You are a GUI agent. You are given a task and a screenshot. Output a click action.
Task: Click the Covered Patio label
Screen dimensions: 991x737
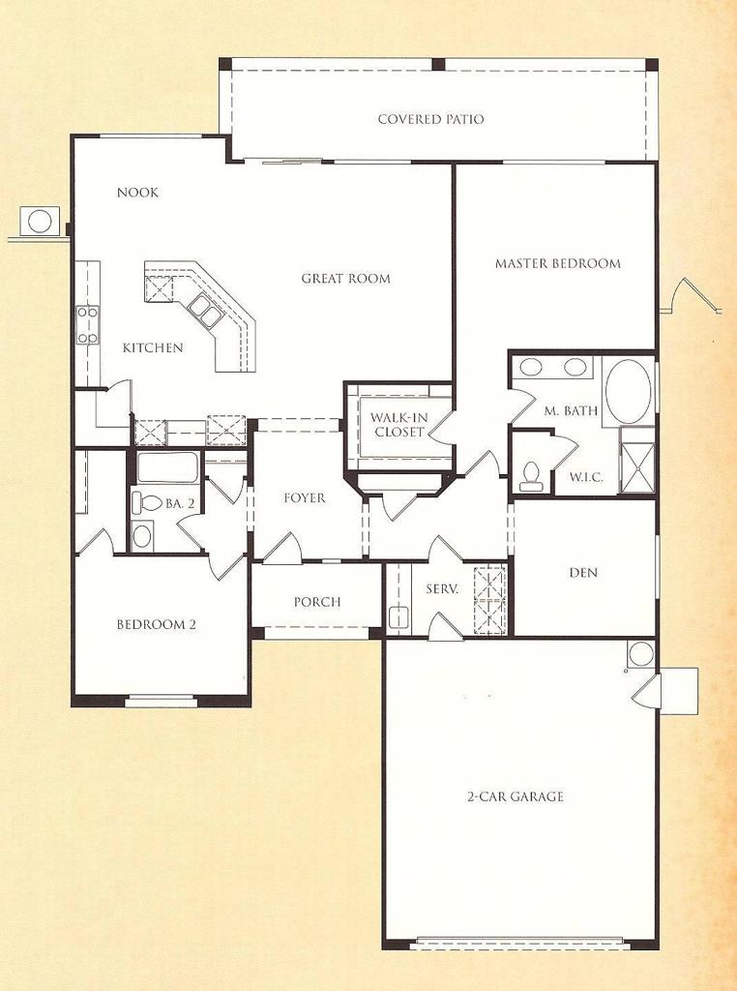click(x=430, y=119)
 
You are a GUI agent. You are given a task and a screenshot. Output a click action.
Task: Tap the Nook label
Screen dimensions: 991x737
click(x=137, y=193)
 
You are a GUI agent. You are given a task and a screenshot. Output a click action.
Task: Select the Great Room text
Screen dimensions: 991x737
click(x=345, y=279)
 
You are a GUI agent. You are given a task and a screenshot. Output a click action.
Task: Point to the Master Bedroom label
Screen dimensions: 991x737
click(x=557, y=263)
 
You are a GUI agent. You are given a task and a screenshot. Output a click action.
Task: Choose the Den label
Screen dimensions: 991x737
click(x=583, y=573)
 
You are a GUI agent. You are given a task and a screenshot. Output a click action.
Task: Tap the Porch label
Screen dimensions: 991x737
click(x=317, y=602)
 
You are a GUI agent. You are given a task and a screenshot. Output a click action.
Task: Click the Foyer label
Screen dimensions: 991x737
click(x=305, y=498)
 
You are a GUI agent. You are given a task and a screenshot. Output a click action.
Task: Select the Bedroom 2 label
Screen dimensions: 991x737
click(x=157, y=624)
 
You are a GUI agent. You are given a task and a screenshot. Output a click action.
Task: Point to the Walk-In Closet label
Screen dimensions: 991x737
click(x=398, y=425)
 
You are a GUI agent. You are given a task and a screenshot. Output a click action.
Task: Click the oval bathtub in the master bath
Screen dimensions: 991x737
click(x=628, y=391)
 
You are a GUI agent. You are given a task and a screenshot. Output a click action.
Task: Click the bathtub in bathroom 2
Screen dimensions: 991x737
click(x=167, y=467)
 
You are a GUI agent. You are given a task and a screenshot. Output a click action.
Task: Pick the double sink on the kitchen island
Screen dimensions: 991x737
click(x=206, y=311)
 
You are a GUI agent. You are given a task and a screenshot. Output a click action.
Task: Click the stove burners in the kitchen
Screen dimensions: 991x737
click(x=87, y=325)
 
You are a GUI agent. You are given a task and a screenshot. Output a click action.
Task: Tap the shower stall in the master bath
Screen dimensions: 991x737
click(x=637, y=467)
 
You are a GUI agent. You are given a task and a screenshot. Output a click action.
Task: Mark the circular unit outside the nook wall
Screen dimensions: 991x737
click(x=40, y=221)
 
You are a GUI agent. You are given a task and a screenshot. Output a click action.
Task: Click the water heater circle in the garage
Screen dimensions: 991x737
click(x=640, y=653)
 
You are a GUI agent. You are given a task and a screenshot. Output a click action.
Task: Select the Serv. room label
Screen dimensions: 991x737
click(x=442, y=588)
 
